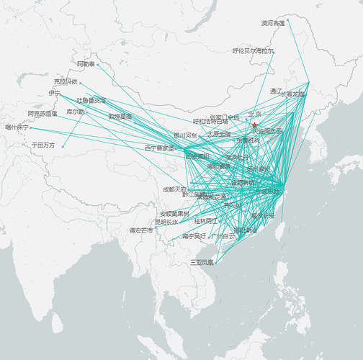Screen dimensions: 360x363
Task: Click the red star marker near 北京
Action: (254, 126)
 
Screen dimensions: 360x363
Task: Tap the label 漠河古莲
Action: (272, 23)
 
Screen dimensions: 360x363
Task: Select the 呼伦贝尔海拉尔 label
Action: (252, 51)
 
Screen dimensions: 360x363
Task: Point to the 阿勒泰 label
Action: (85, 64)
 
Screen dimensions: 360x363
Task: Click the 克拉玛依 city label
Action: (65, 81)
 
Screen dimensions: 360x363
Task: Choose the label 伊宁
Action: (54, 93)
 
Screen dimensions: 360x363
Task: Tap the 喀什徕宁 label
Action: (16, 127)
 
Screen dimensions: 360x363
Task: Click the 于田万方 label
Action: (42, 145)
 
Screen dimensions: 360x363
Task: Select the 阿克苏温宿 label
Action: (42, 113)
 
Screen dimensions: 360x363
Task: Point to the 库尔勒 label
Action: (75, 112)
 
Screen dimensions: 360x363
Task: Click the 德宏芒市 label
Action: (140, 230)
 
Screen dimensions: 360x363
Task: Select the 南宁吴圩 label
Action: (193, 235)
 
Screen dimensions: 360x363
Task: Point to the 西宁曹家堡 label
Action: (158, 148)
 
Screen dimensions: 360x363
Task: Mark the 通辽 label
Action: (277, 91)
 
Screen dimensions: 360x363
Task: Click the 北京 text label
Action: (254, 114)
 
